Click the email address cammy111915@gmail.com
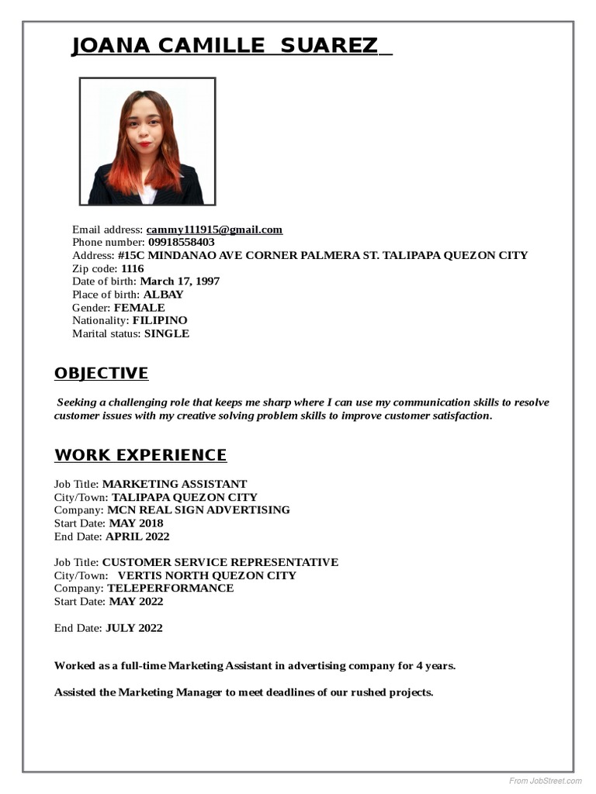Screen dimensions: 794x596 (x=214, y=230)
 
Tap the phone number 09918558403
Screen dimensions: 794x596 (x=182, y=242)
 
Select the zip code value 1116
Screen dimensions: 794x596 (x=133, y=268)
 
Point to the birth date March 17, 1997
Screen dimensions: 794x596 (x=180, y=281)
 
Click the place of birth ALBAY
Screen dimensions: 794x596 (x=164, y=295)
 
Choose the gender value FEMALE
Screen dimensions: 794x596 (x=140, y=308)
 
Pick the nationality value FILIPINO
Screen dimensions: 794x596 (x=160, y=320)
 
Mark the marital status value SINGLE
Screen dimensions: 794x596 (x=167, y=333)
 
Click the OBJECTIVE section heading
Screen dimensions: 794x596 (x=101, y=374)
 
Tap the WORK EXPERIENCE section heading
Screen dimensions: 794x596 (x=140, y=455)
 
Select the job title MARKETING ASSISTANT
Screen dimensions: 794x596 (x=175, y=484)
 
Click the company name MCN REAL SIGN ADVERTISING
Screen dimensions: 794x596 (x=199, y=510)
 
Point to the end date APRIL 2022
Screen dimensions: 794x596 (x=137, y=537)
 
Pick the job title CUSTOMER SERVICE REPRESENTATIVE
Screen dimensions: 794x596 (x=220, y=562)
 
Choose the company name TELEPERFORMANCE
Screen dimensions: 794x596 (x=170, y=589)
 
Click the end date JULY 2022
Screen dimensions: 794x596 (x=134, y=628)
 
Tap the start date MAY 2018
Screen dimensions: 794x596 (x=136, y=523)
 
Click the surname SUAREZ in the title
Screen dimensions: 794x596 (x=329, y=46)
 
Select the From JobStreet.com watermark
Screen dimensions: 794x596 (x=546, y=780)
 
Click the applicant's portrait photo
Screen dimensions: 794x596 (x=147, y=141)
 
